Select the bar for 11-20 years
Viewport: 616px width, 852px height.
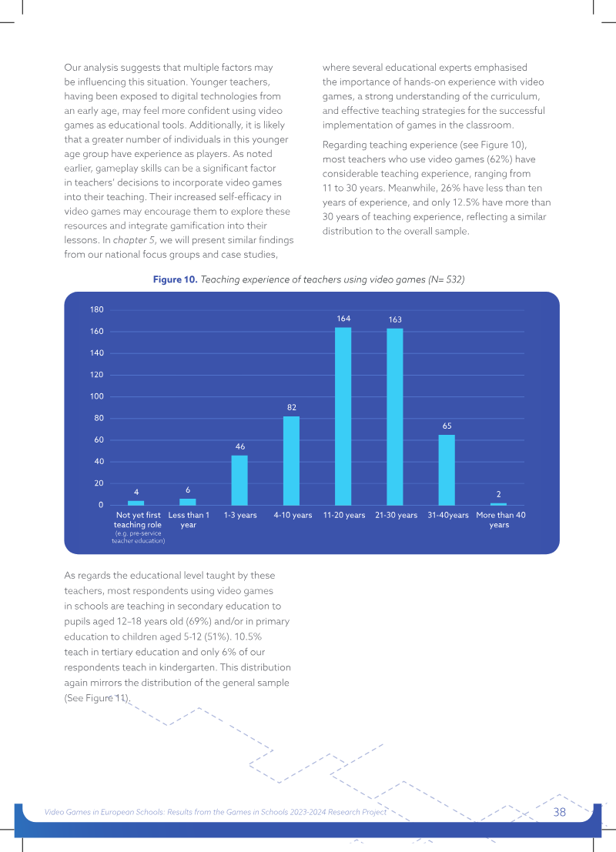click(343, 416)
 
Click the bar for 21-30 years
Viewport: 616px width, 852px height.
click(395, 416)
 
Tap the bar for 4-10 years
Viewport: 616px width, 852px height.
click(291, 461)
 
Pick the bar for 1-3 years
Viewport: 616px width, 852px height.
click(239, 480)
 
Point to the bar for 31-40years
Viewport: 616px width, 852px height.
click(447, 470)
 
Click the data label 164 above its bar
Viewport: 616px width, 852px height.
click(343, 319)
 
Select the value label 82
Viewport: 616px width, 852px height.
click(292, 407)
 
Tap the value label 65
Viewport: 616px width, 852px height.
click(447, 426)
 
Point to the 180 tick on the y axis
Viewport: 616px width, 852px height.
click(97, 309)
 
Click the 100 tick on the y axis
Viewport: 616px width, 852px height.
click(97, 396)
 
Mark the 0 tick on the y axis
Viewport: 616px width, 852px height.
click(101, 505)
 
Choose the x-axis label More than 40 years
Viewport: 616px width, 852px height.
click(500, 520)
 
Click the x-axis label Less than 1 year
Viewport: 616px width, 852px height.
click(189, 520)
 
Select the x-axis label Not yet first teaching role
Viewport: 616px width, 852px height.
click(138, 520)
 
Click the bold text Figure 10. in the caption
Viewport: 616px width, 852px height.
click(175, 279)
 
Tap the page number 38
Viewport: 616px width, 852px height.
click(560, 812)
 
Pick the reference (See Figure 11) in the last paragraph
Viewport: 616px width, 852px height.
click(97, 697)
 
